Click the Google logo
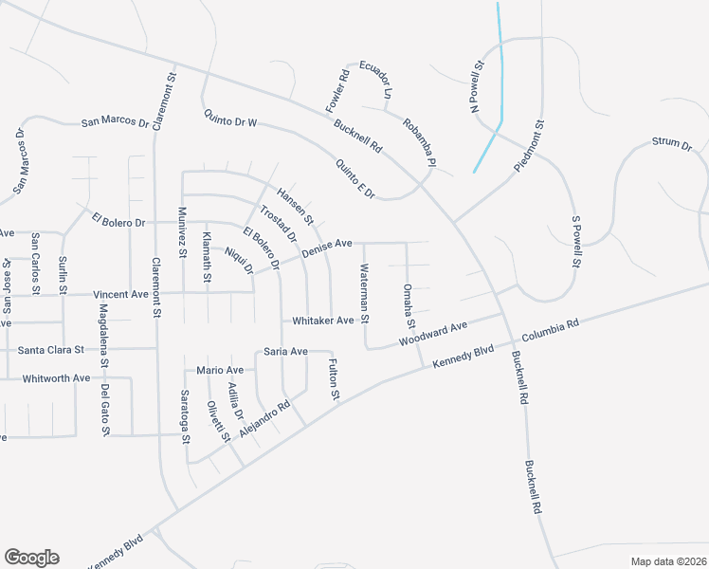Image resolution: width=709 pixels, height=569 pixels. click(x=31, y=558)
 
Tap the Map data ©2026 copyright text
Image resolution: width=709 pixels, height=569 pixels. click(x=668, y=561)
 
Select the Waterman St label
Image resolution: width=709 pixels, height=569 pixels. click(x=363, y=292)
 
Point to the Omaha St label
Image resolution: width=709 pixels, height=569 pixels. click(x=408, y=300)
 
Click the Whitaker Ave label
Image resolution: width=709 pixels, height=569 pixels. click(x=323, y=321)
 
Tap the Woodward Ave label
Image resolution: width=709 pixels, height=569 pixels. click(x=433, y=334)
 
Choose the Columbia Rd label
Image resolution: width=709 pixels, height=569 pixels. click(x=549, y=330)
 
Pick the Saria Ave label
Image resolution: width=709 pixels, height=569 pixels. click(x=285, y=352)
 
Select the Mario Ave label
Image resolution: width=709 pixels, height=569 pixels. click(x=220, y=370)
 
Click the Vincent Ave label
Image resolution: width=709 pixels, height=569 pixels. click(x=120, y=295)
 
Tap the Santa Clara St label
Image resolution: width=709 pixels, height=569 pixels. click(x=51, y=350)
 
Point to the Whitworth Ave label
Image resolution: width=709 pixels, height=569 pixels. click(x=57, y=377)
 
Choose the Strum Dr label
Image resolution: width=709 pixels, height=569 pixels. click(x=672, y=143)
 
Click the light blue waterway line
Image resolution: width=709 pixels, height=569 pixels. click(x=500, y=76)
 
